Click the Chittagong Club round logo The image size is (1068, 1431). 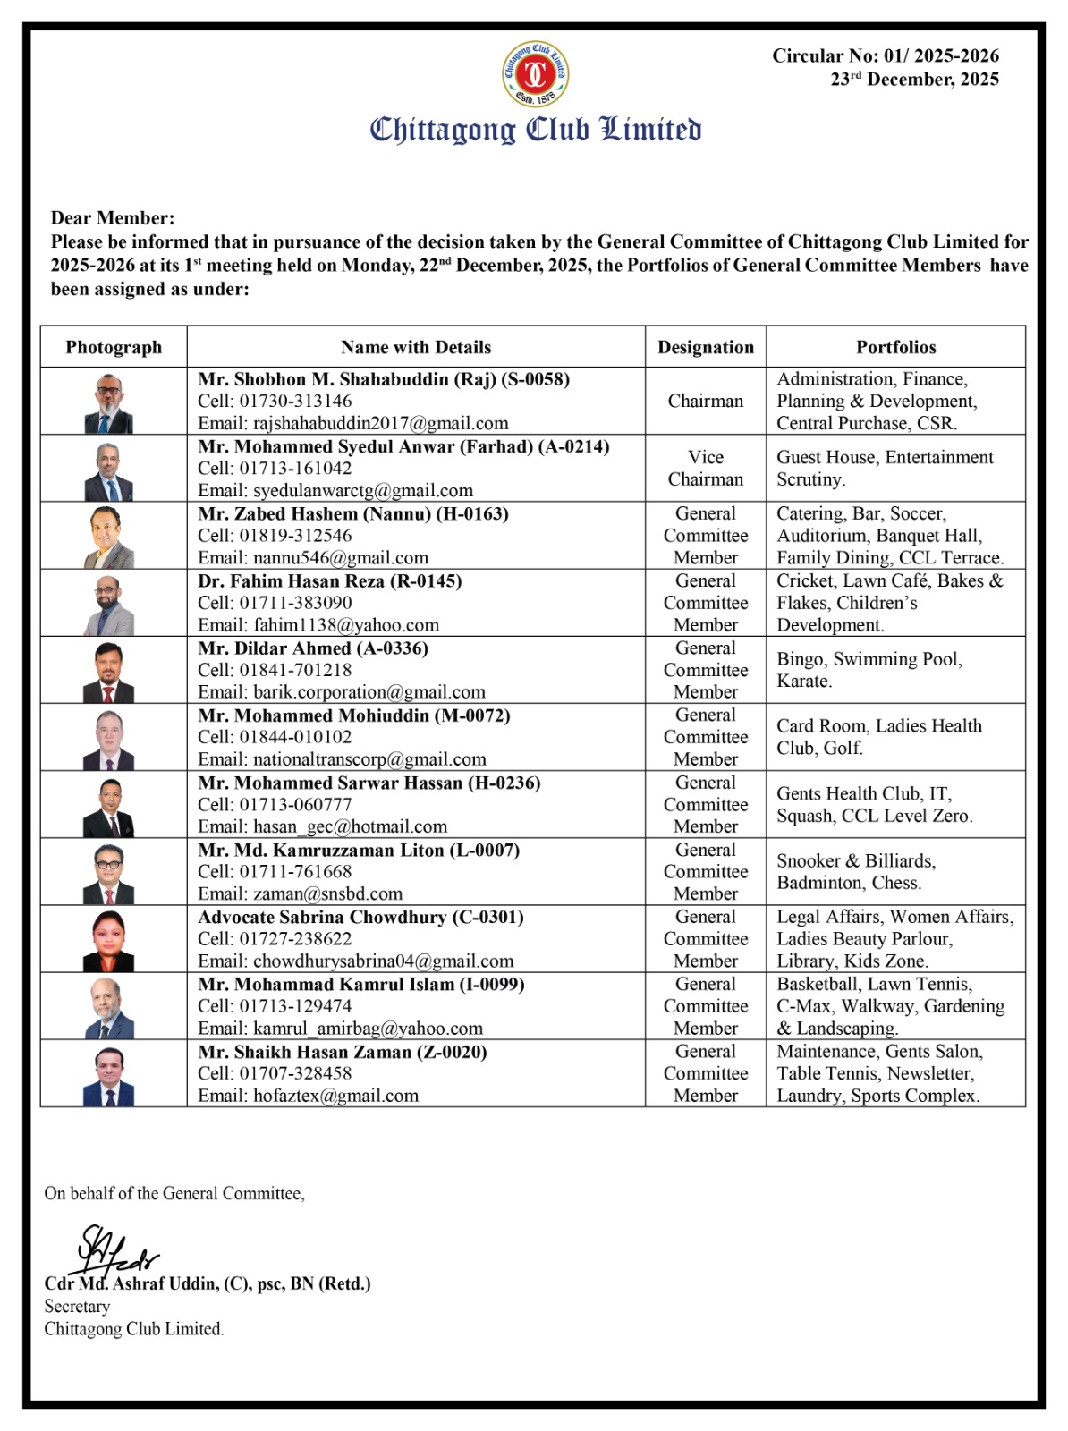click(535, 73)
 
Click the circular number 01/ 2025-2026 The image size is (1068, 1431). click(886, 55)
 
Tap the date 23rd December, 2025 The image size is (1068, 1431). click(914, 80)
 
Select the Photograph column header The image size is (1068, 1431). click(114, 347)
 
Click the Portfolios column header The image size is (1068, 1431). click(895, 347)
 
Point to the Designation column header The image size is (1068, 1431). click(706, 347)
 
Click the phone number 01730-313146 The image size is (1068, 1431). click(295, 401)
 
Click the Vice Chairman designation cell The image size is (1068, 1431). click(706, 468)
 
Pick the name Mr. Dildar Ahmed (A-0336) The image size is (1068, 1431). click(313, 648)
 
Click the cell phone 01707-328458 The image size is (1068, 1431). click(295, 1073)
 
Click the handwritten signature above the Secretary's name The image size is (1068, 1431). click(116, 1249)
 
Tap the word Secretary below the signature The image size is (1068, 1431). click(77, 1306)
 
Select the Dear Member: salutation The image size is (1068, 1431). click(113, 217)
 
